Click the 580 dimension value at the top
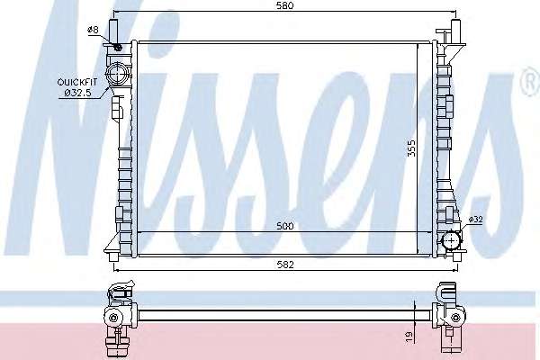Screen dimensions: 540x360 coord(285,5)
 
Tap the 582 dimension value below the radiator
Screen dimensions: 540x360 coord(285,265)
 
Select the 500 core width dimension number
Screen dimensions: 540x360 coord(285,226)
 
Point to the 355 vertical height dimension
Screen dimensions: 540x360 coord(411,148)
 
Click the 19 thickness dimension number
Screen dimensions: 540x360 coord(409,336)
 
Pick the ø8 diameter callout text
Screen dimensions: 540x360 coord(94,30)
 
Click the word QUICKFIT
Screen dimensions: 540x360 coord(77,82)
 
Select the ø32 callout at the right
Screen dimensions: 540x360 coord(476,219)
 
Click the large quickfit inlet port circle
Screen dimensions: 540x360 coord(117,73)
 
